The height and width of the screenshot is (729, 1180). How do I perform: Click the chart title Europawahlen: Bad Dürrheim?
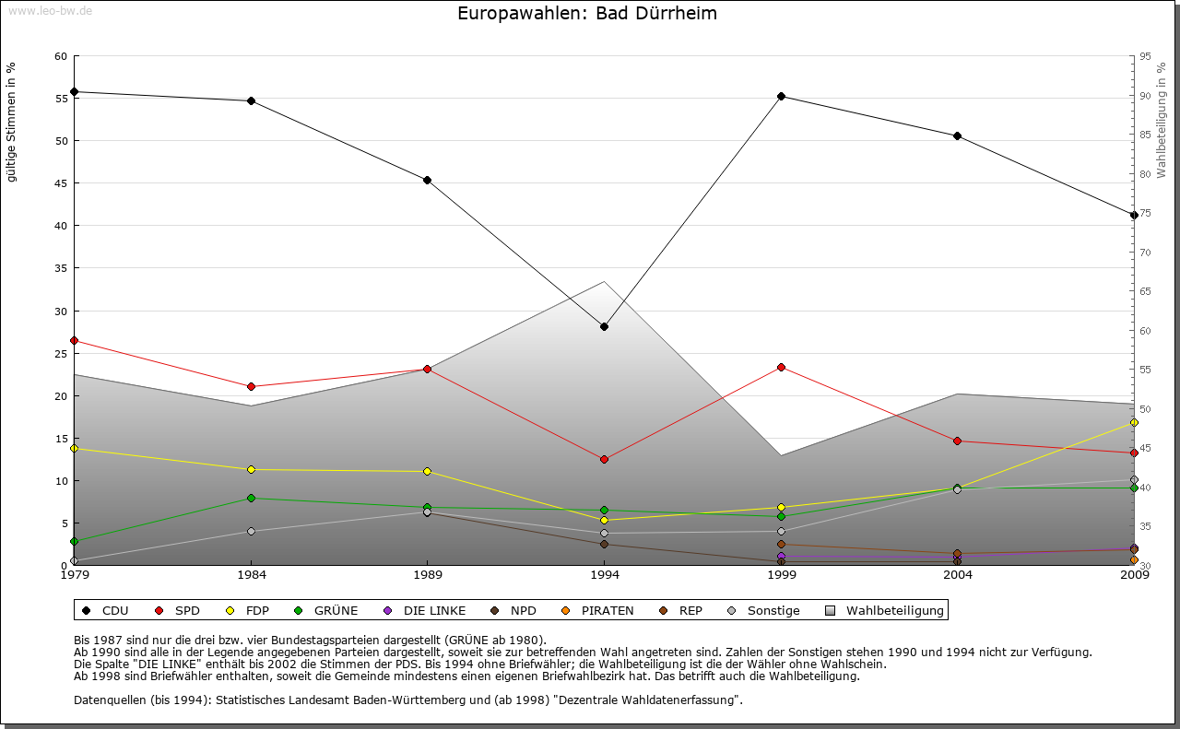(586, 14)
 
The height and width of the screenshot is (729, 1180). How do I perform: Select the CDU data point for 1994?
(604, 326)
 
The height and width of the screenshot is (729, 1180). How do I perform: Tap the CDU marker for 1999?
(781, 96)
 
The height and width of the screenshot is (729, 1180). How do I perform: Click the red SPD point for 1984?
(251, 386)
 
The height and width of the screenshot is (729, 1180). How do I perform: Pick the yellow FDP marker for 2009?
(1134, 422)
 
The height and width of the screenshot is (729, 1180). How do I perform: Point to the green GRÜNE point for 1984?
(251, 498)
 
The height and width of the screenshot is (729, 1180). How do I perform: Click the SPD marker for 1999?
(781, 367)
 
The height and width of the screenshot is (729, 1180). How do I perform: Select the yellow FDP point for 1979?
(74, 448)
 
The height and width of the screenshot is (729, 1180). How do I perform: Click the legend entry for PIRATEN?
(598, 610)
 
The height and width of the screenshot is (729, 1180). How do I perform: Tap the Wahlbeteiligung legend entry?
(884, 610)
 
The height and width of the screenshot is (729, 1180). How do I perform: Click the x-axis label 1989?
(428, 575)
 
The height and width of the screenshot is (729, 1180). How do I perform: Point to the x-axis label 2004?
(958, 575)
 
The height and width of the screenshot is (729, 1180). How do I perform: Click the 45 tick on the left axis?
(61, 183)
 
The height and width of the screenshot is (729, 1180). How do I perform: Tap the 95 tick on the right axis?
(1144, 56)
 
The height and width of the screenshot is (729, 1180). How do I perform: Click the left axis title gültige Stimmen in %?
(12, 122)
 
